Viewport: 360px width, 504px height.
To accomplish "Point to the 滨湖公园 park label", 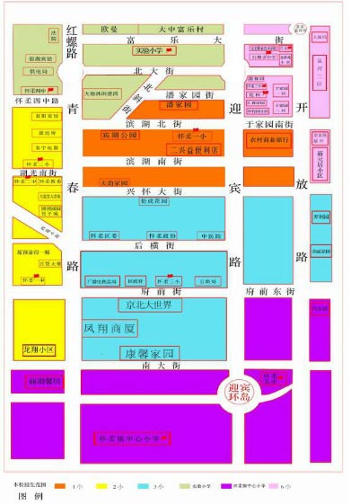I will (x=119, y=134).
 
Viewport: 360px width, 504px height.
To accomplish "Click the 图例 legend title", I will (x=31, y=495).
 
